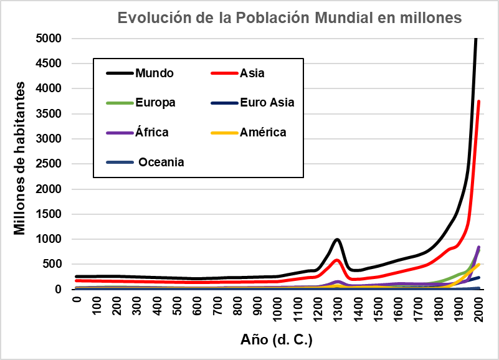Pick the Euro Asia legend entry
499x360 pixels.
267,103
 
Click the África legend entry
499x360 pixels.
152,132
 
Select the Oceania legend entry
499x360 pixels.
161,163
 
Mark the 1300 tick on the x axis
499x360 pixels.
338,307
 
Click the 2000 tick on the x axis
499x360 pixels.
478,307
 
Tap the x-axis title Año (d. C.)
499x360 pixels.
276,340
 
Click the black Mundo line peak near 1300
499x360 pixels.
337,239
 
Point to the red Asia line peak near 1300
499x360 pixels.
337,260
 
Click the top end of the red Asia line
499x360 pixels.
478,102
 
